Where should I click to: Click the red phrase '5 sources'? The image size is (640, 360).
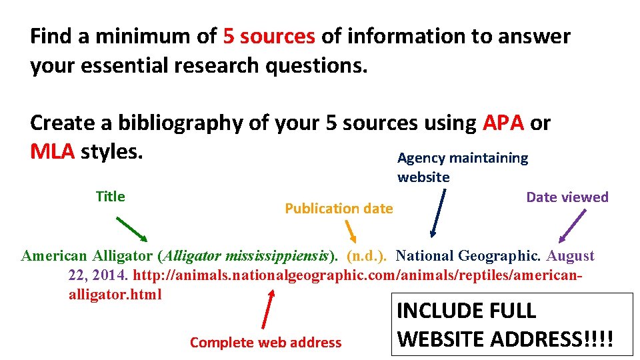pyautogui.click(x=269, y=36)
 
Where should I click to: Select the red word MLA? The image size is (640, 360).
pyautogui.click(x=52, y=152)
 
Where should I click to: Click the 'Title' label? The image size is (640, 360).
pyautogui.click(x=110, y=197)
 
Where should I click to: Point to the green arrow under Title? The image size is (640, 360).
pyautogui.click(x=131, y=229)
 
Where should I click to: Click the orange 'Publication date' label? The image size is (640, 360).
pyautogui.click(x=339, y=208)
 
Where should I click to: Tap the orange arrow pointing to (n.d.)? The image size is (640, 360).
pyautogui.click(x=349, y=231)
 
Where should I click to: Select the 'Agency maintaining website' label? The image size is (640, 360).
pyautogui.click(x=462, y=167)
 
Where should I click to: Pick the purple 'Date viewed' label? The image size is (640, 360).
pyautogui.click(x=567, y=197)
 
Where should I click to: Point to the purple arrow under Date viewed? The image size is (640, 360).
pyautogui.click(x=573, y=225)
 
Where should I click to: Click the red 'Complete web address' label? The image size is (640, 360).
pyautogui.click(x=265, y=343)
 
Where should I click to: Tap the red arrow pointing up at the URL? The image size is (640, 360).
pyautogui.click(x=269, y=310)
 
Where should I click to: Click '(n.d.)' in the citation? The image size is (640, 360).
pyautogui.click(x=368, y=256)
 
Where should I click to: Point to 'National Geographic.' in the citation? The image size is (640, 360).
pyautogui.click(x=469, y=256)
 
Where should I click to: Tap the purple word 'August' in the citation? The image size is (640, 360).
pyautogui.click(x=570, y=256)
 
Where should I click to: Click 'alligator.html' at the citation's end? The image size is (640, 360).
pyautogui.click(x=115, y=294)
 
